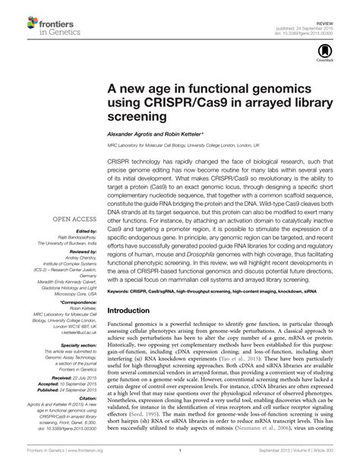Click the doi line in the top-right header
(x=320, y=22)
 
